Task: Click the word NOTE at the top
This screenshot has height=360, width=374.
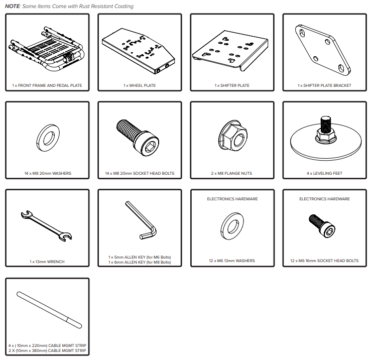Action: click(13, 6)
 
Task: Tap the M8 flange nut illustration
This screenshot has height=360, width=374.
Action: click(232, 136)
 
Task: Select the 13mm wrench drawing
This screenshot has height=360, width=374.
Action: click(46, 225)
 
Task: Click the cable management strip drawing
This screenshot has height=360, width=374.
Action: click(49, 310)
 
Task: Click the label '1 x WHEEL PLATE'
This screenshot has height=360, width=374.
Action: click(140, 85)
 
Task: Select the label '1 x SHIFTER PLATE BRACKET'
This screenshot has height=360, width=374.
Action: click(324, 85)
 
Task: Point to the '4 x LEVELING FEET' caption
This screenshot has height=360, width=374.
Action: click(324, 173)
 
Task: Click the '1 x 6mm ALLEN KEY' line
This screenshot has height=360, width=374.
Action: click(140, 262)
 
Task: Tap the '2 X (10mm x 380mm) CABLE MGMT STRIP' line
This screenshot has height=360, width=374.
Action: click(47, 350)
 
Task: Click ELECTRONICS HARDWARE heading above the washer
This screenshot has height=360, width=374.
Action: click(232, 199)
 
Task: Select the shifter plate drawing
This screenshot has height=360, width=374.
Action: click(230, 50)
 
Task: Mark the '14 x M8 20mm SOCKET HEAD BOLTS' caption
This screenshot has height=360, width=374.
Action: click(140, 173)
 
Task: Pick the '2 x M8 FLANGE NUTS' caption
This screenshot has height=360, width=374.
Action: click(231, 173)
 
